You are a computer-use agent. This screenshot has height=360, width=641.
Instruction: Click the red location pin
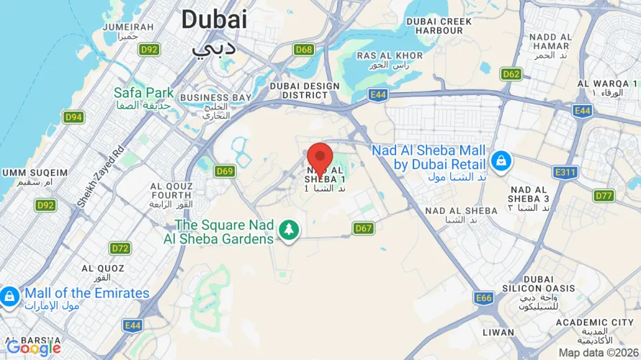[x=320, y=157]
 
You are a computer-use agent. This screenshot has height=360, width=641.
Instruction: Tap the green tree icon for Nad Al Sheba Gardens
[x=289, y=230]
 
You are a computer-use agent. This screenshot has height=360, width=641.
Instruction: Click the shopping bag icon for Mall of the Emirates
[x=9, y=295]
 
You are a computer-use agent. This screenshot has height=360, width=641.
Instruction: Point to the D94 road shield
[x=73, y=117]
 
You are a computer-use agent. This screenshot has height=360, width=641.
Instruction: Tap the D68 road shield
[x=304, y=50]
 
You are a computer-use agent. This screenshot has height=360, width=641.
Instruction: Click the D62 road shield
[x=511, y=74]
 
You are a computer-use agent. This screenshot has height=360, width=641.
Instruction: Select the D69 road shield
[x=225, y=171]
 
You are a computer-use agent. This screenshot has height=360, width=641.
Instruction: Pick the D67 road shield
[x=364, y=228]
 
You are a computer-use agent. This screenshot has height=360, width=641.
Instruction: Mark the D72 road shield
[x=120, y=248]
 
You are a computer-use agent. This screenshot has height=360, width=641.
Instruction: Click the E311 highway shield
[x=565, y=173]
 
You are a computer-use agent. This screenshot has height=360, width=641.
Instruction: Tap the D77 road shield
[x=604, y=196]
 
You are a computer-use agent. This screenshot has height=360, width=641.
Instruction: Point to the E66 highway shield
[x=484, y=297]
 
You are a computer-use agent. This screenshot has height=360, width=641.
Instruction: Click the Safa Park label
[x=144, y=92]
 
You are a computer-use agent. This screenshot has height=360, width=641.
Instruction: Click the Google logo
[x=33, y=348]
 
